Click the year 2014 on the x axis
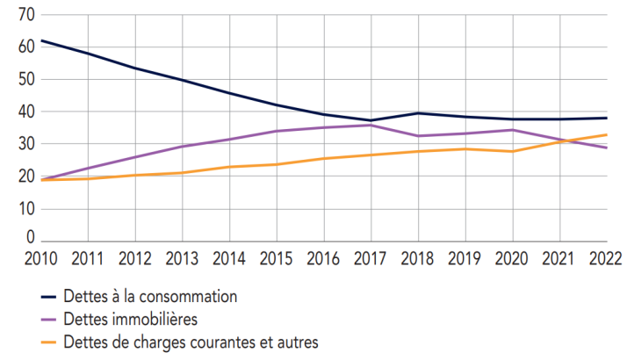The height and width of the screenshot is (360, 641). coord(229,258)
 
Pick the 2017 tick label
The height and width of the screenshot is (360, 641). coord(371,258)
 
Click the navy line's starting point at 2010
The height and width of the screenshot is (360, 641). coord(41,40)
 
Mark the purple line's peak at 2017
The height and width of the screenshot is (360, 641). coord(371,125)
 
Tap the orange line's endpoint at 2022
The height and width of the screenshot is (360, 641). coord(607,134)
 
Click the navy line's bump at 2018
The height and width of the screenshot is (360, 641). coord(418,113)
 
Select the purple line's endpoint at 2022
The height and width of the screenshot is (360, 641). coord(607,148)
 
